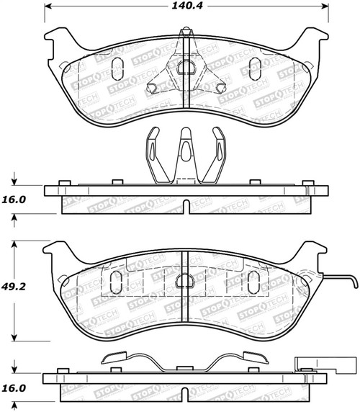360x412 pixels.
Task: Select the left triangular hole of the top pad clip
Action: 153,89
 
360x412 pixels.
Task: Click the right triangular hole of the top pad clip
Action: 218,89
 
